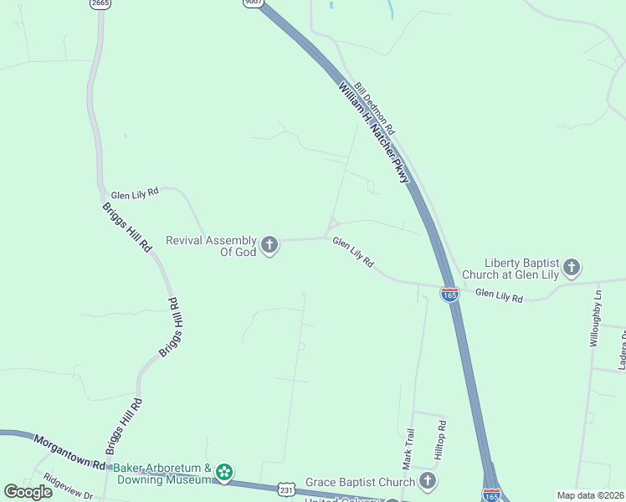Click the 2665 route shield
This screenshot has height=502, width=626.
click(100, 3)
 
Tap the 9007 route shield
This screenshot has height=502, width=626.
click(253, 3)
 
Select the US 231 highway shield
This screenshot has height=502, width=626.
click(285, 489)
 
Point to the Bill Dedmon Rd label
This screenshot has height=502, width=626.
click(374, 110)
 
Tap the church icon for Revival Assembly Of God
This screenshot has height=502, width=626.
click(269, 245)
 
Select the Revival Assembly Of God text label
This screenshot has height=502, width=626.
click(211, 246)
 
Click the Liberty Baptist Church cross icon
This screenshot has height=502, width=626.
click(572, 268)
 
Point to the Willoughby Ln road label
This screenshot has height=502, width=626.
click(596, 319)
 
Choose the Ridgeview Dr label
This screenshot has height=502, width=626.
click(69, 488)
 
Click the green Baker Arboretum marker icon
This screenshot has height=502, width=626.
click(223, 474)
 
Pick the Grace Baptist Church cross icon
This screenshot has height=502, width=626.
click(428, 481)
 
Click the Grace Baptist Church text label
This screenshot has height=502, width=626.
click(360, 482)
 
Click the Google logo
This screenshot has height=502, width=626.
click(28, 492)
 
